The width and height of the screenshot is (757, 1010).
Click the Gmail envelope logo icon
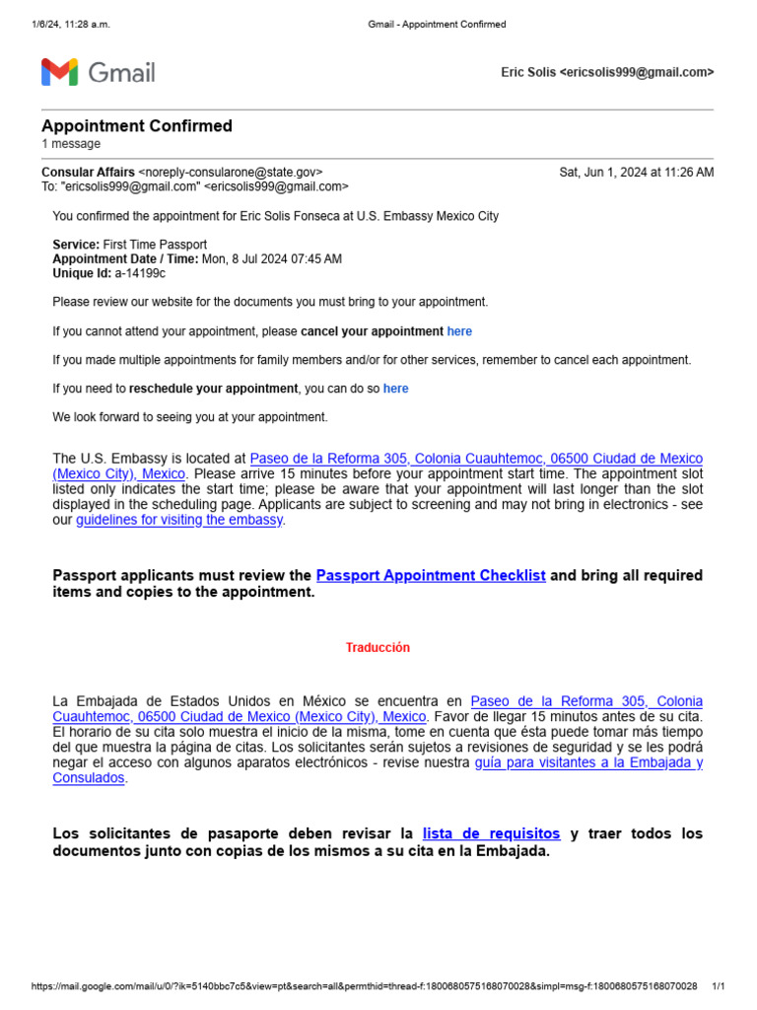[59, 72]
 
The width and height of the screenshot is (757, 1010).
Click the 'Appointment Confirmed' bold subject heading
[137, 126]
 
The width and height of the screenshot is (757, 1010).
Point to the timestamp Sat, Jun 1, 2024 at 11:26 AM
[636, 172]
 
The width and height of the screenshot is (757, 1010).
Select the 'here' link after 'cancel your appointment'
[459, 331]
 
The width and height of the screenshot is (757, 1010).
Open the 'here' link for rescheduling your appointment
[395, 389]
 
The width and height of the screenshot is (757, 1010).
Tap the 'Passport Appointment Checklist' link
[431, 575]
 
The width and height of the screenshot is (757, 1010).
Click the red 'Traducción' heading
[378, 648]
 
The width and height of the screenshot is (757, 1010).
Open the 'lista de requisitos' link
[491, 833]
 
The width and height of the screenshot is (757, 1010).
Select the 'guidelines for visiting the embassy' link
[179, 520]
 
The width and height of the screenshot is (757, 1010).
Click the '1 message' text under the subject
[71, 144]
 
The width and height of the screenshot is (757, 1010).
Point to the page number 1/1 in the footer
[718, 986]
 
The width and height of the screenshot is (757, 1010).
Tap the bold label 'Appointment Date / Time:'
[125, 258]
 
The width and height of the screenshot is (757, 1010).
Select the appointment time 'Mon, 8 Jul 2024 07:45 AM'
[272, 258]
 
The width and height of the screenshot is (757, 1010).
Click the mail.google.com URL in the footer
[365, 986]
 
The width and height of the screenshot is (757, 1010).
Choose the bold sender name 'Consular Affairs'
[88, 172]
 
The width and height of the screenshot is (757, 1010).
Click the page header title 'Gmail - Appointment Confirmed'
[437, 24]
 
